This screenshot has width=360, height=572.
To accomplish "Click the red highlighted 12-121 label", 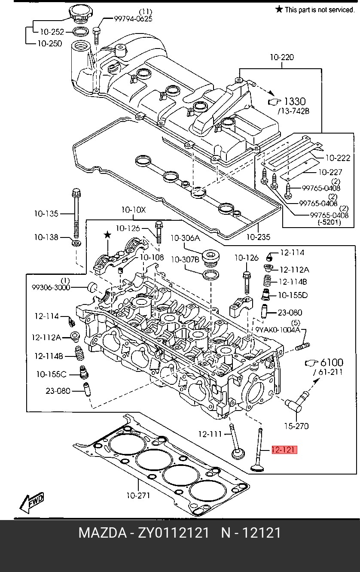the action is (284, 450).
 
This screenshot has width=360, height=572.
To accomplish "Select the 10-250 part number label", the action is (50, 43).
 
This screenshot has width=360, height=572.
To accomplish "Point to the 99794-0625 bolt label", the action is (133, 18).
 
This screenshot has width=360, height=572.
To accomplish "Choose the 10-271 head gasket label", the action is (138, 496).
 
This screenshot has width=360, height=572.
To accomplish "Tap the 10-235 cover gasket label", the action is (258, 237).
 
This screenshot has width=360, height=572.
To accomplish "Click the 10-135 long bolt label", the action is (46, 213).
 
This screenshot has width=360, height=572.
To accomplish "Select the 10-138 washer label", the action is (46, 237).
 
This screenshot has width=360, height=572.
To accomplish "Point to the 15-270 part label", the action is (296, 426).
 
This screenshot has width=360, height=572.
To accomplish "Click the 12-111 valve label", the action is (210, 434).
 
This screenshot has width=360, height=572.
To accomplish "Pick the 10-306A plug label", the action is (185, 238).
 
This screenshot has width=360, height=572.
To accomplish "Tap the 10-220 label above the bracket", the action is (282, 57).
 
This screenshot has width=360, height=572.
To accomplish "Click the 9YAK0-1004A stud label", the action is (278, 330).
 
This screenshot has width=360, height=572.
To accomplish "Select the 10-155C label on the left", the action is (52, 374).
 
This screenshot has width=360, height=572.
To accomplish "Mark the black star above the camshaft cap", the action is (107, 234).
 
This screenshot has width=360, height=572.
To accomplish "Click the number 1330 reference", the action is (295, 101).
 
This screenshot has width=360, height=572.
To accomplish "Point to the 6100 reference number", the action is (332, 362).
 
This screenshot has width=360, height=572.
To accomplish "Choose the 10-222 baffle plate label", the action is (338, 158).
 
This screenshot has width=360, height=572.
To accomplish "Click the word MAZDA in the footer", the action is (102, 533).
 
